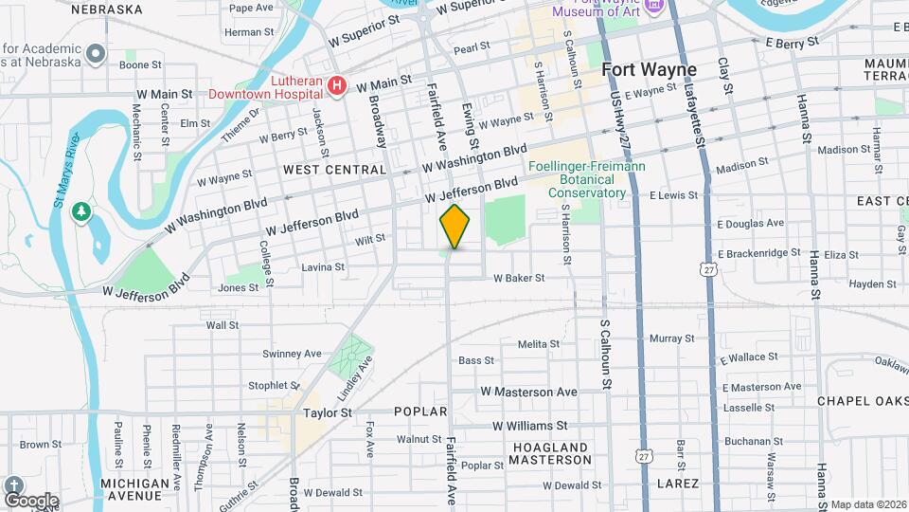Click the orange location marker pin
point(454,227)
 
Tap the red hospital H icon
point(336,87)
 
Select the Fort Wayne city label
point(649,70)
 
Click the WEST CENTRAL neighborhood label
point(334,170)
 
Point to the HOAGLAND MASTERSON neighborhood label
point(550,453)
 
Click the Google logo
point(30,500)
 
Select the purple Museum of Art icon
point(652,9)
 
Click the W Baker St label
point(519,278)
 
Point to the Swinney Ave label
point(293,354)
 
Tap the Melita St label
point(540,343)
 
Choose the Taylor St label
point(328,413)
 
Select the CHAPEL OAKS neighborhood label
point(863,401)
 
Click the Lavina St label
point(322,267)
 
